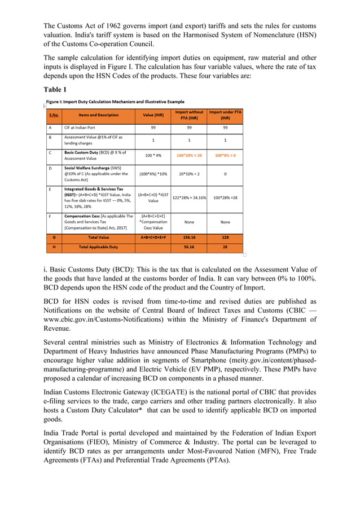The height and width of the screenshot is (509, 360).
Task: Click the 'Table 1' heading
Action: pos(55,89)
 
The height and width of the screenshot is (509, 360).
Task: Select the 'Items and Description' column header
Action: pos(99,115)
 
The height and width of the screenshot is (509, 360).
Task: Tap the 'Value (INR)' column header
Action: pos(153,115)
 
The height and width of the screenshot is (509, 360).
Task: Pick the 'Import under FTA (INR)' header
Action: pos(225,115)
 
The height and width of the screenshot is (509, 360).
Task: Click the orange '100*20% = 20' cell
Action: pos(189,155)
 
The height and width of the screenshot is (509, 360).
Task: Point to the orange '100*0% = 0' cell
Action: pos(225,155)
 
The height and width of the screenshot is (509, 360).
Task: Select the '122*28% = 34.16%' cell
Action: pos(189,198)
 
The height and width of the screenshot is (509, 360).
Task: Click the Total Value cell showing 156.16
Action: pos(189,238)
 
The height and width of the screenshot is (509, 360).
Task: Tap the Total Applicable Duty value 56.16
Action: pos(189,247)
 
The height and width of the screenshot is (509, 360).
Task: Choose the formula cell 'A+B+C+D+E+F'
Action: pos(153,238)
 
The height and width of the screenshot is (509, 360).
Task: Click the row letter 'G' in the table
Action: pos(54,238)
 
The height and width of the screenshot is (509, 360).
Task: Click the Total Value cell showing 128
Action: pos(225,238)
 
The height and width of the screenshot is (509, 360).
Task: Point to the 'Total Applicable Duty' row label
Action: pos(99,247)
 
